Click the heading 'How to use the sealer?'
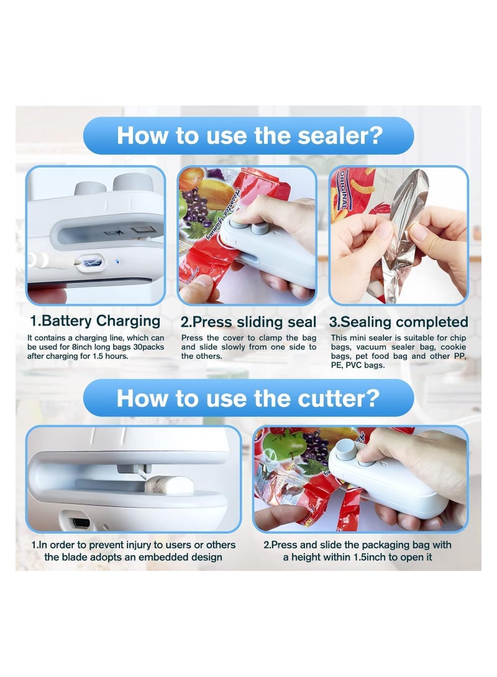tap(248, 135)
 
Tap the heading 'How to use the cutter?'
tap(248, 398)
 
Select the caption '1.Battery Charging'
tap(95, 321)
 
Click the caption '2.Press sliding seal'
tap(248, 322)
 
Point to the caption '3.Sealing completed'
tap(398, 322)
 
